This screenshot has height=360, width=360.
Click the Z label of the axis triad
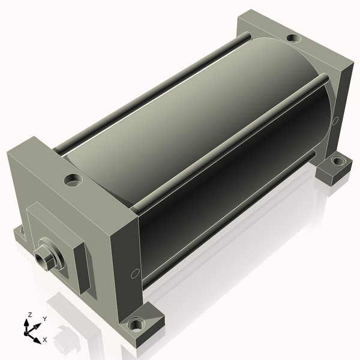29,314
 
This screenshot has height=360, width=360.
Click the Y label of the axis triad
45,319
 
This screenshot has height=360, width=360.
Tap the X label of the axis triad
45,340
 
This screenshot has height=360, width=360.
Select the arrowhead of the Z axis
26,323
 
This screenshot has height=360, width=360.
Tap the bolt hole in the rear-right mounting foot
338,160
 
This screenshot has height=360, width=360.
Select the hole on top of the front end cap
73,180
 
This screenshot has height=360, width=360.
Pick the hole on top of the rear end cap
294,38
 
